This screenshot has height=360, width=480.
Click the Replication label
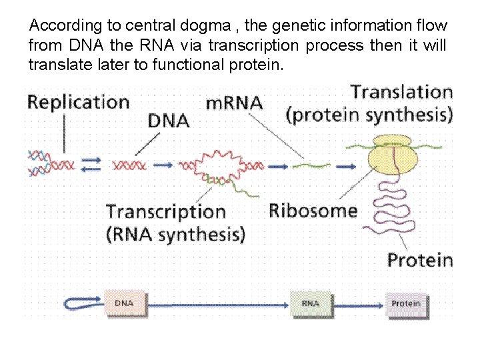[78, 102]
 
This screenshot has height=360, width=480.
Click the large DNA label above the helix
[169, 121]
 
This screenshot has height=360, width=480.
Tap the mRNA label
[234, 103]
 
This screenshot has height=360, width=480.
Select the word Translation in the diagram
[402, 91]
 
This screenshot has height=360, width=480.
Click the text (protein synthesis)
[369, 115]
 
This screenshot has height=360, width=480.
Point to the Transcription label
[166, 211]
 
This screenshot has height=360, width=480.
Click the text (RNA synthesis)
[176, 234]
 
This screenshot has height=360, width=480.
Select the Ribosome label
[313, 211]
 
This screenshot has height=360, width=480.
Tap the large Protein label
[420, 259]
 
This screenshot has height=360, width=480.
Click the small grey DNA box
[124, 303]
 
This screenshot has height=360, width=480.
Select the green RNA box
[311, 303]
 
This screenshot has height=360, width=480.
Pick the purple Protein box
[406, 304]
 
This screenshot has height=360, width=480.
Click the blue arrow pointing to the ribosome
[345, 165]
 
